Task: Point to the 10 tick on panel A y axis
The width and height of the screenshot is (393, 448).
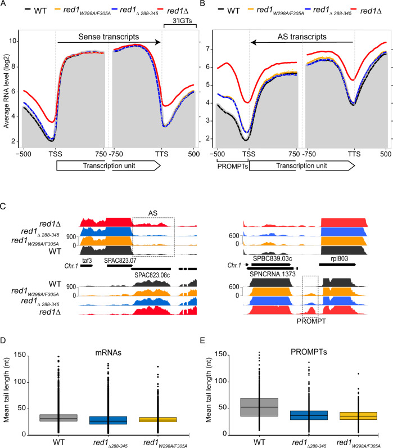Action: pos(13,41)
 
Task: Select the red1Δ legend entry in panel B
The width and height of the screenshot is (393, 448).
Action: pos(371,10)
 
